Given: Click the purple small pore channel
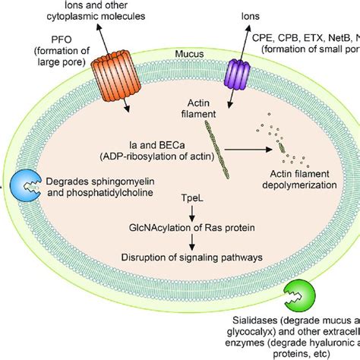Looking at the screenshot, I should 238,74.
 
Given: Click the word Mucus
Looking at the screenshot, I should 185,55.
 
